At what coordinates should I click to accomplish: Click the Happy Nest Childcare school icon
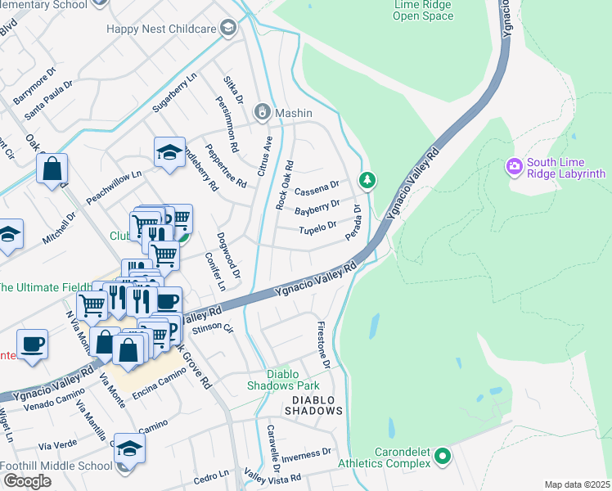pos(228,29)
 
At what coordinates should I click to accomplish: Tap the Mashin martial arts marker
pos(263,112)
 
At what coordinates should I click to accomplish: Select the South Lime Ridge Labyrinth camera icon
pos(515,168)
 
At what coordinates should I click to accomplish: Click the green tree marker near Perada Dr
pos(368,179)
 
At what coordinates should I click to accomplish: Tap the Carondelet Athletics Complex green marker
pos(443,455)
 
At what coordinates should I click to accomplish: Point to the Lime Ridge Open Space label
pos(423,9)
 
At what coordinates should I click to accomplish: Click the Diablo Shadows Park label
pos(284,384)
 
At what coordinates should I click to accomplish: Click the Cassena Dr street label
pos(317,188)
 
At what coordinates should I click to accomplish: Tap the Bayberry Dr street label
pos(317,208)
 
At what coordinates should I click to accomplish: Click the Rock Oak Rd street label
pos(285,181)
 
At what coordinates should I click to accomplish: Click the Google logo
pos(27,481)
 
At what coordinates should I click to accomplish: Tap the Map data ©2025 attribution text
pos(576,484)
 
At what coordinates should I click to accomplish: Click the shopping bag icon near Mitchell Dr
pos(52,169)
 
